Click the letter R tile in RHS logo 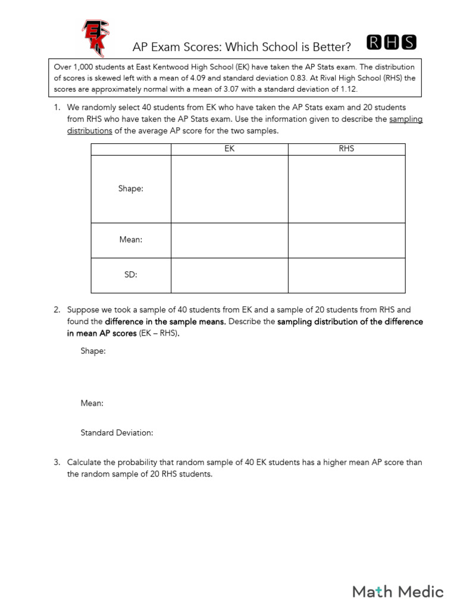375,42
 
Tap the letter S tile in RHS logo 409,42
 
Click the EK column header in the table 229,149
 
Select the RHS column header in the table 346,149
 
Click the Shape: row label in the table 130,189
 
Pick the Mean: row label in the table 130,240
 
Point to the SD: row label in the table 130,275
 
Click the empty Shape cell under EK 229,189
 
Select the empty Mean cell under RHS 346,240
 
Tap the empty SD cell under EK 229,275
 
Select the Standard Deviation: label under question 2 117,433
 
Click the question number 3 57,462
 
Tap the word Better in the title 330,46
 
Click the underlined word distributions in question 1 89,131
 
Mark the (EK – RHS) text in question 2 158,333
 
